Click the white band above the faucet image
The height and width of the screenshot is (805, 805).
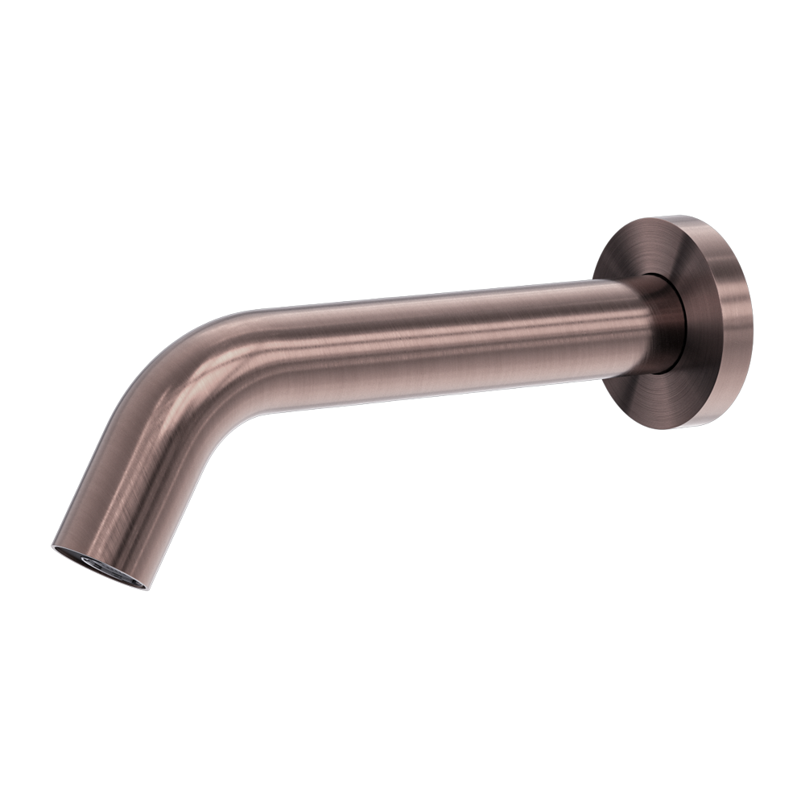coord(402,105)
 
